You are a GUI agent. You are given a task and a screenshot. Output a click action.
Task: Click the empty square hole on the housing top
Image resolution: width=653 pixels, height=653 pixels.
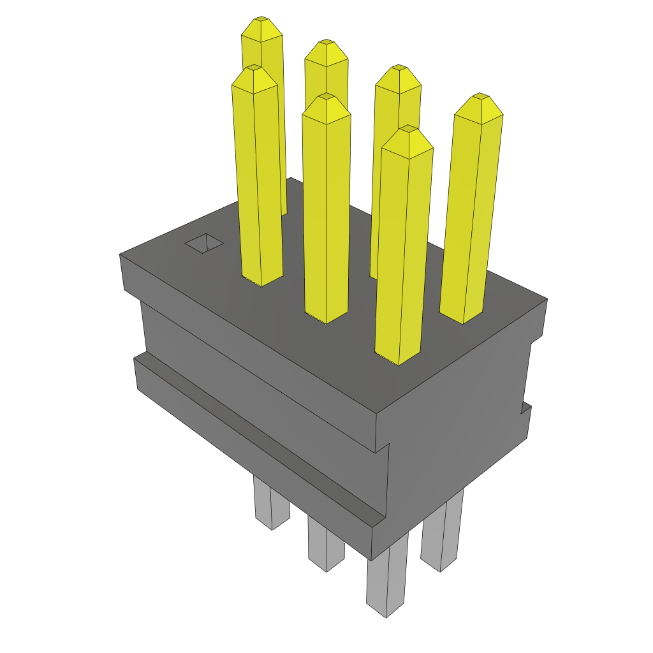click(x=204, y=243)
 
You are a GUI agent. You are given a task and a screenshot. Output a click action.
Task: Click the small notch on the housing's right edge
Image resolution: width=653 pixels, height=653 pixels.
click(x=525, y=408)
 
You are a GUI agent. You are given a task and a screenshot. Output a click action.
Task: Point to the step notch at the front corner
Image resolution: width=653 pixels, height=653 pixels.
click(x=383, y=446)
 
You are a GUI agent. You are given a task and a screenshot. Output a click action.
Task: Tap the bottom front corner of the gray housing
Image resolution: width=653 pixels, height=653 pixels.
click(x=372, y=559)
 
